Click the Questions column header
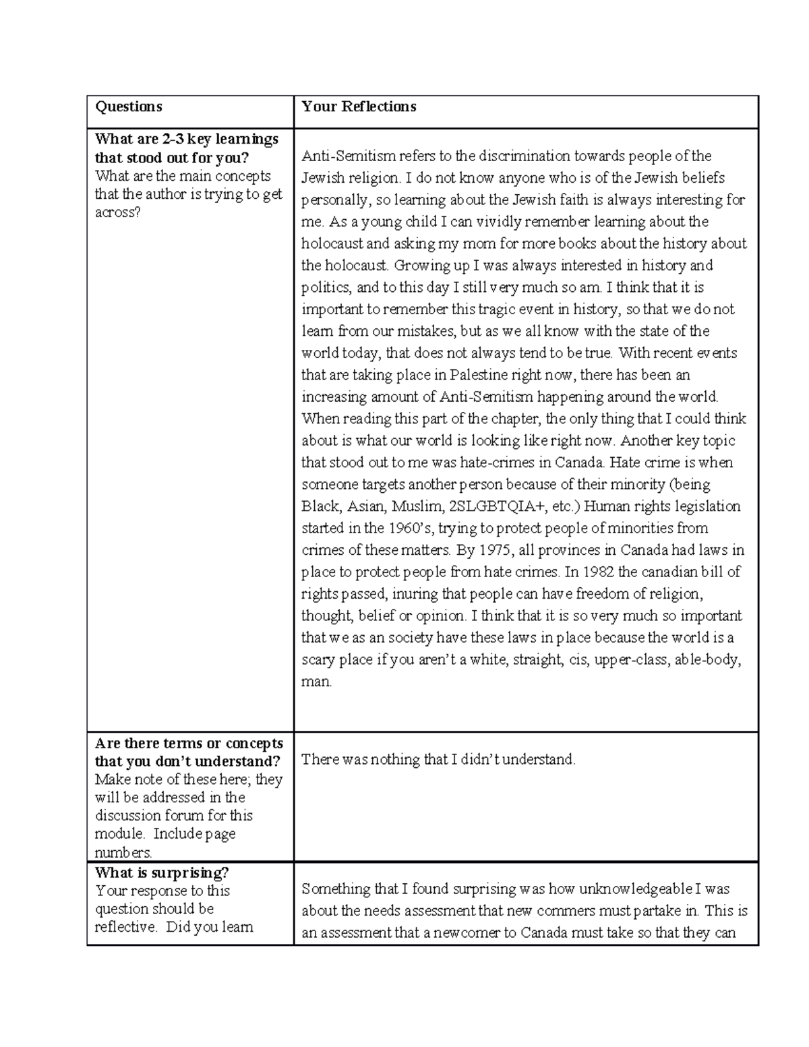pos(129,107)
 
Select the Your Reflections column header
pos(359,107)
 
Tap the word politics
pos(326,287)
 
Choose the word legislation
pos(707,506)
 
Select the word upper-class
pos(633,659)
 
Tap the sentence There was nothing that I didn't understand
pos(438,760)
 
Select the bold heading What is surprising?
pos(162,872)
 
